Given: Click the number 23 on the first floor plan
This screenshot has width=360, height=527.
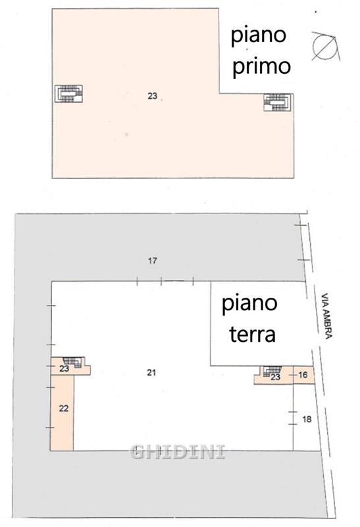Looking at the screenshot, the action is click(x=153, y=96).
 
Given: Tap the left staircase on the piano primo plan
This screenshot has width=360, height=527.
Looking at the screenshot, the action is click(x=69, y=94).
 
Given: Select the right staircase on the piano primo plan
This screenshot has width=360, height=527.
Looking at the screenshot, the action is click(x=278, y=102).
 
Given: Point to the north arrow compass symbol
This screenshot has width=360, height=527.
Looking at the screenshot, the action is click(x=324, y=46).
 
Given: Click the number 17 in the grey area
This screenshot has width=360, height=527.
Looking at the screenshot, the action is click(x=153, y=260).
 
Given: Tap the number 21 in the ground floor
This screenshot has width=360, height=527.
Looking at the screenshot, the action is click(x=151, y=372).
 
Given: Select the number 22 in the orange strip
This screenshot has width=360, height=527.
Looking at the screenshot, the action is click(x=63, y=408).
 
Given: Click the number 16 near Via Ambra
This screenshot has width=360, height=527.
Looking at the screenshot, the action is click(x=303, y=374).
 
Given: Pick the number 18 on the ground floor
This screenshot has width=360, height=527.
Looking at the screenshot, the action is click(x=307, y=419).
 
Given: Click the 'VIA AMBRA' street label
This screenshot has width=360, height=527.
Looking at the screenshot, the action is click(x=326, y=316).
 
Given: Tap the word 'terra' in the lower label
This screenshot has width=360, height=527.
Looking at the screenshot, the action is click(x=252, y=335).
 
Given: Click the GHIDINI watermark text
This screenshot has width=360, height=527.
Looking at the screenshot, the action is click(x=178, y=452).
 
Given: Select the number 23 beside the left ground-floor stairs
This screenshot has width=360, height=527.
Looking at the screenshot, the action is click(x=64, y=369).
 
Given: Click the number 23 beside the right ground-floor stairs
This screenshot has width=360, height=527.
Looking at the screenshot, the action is click(x=275, y=377).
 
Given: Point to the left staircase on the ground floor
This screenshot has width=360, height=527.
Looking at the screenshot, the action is click(x=73, y=362).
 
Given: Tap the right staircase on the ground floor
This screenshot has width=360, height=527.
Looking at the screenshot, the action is click(x=272, y=370).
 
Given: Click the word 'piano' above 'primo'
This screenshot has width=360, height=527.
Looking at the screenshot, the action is click(x=258, y=36).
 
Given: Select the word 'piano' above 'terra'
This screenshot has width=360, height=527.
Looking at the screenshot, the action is click(x=249, y=304).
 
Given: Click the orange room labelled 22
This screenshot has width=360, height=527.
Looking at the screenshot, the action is click(x=62, y=413).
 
